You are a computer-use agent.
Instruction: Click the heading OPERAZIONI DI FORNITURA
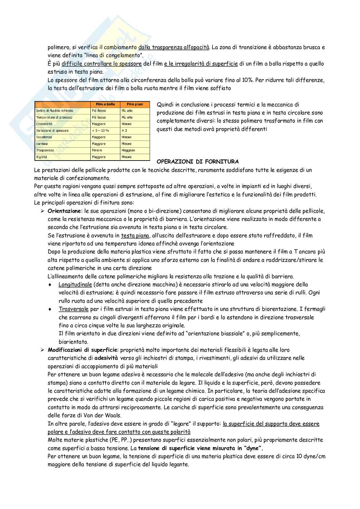coord(197,162)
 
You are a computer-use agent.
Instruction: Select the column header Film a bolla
coord(105,104)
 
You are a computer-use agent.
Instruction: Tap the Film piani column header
coord(135,104)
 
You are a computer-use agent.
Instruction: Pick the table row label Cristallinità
coord(44,124)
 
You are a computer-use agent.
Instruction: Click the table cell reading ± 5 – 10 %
coord(100,131)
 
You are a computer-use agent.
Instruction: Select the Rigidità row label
coord(42,157)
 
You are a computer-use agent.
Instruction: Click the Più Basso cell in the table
coord(99,111)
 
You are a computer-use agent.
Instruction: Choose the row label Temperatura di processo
coord(54,117)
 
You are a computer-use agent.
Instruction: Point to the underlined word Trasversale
coord(74,309)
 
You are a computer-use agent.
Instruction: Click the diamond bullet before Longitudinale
coord(50,285)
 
